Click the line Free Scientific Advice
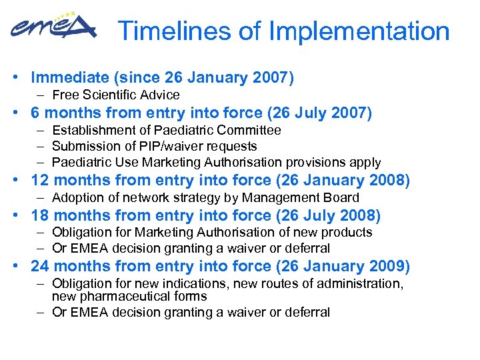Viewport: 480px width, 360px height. pos(115,95)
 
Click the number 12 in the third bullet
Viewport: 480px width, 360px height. pos(40,181)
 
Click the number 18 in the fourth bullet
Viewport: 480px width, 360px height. pos(40,215)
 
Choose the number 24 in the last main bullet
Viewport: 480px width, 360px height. pos(40,267)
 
